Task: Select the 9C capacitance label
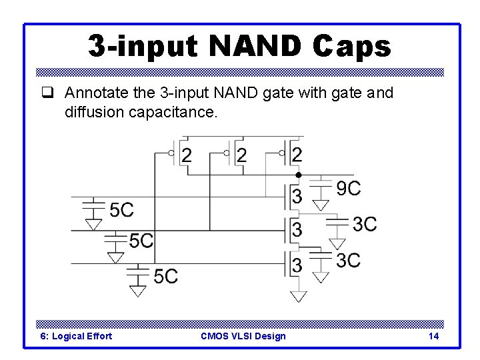tap(348, 189)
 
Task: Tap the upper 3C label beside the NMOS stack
tap(364, 224)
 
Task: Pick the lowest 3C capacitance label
tap(348, 260)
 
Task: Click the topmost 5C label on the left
tap(121, 211)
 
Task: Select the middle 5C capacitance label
tap(141, 241)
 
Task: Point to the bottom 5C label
tap(165, 275)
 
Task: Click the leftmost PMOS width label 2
tap(187, 156)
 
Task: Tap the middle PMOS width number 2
tap(242, 156)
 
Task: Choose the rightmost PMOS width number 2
tap(297, 156)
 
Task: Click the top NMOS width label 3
tap(297, 196)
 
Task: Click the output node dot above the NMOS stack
tap(299, 175)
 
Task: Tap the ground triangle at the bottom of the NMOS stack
tap(299, 296)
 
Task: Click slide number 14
tap(433, 336)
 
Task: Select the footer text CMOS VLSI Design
tap(243, 336)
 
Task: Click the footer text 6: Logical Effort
tap(76, 336)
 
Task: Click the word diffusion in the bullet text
tap(94, 113)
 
